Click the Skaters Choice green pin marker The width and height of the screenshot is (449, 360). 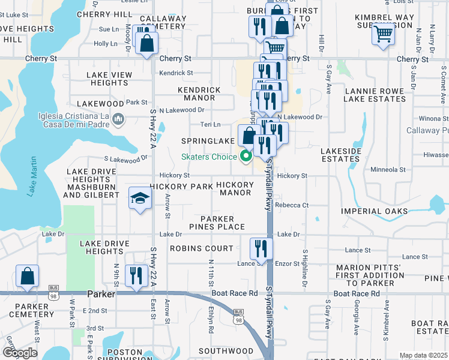[246, 158]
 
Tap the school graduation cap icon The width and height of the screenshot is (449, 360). [140, 199]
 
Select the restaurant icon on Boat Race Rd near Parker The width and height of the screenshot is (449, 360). [136, 276]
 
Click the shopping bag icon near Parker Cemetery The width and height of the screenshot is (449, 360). [28, 276]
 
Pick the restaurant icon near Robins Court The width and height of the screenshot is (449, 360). [261, 248]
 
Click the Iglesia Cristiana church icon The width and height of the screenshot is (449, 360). [118, 120]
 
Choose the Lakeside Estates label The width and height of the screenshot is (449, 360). [340, 155]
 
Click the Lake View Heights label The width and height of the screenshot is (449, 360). [109, 79]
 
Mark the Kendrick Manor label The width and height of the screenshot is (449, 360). [199, 94]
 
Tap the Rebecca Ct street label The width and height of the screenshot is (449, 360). [292, 205]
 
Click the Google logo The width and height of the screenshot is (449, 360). [20, 353]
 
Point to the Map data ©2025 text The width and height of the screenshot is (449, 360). [423, 355]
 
